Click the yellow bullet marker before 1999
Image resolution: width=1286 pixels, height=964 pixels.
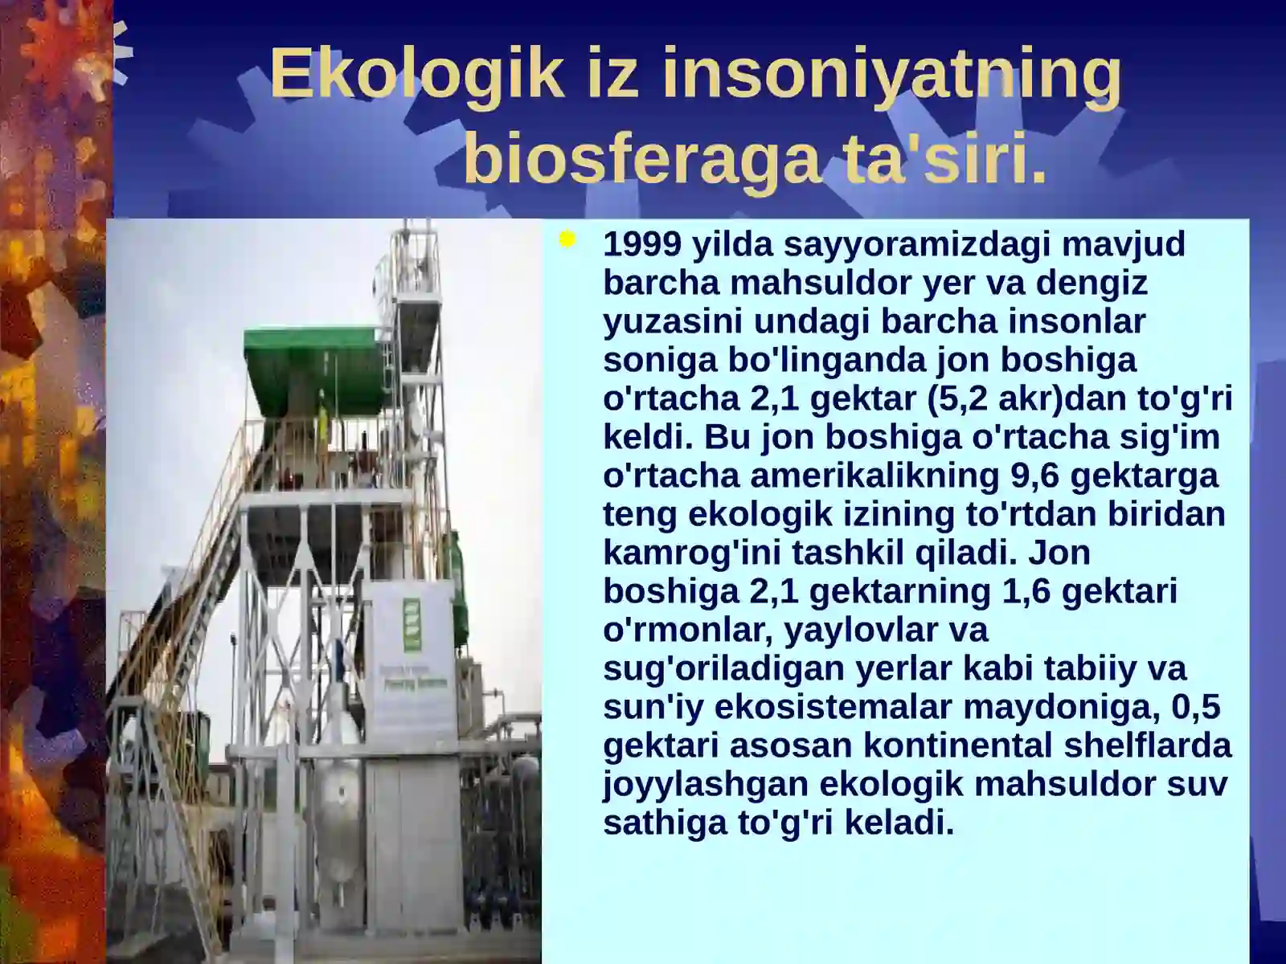[x=567, y=240]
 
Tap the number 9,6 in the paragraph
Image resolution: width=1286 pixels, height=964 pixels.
[x=1035, y=476]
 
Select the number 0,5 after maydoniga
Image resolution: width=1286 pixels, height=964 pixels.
[x=1196, y=707]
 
